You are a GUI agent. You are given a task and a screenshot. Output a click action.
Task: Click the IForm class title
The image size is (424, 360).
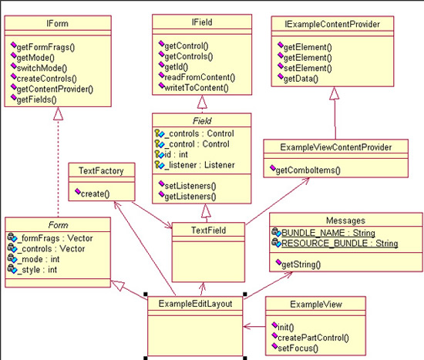tap(57, 24)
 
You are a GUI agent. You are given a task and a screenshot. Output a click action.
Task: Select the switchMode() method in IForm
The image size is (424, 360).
tap(42, 68)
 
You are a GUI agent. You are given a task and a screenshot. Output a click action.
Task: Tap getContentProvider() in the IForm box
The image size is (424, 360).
tap(55, 89)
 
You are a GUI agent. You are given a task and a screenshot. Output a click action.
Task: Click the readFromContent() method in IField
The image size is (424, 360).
tap(200, 77)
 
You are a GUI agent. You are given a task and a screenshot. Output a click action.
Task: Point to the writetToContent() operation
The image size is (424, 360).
tap(197, 88)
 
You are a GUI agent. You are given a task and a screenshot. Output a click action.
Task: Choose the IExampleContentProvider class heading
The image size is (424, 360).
tap(332, 25)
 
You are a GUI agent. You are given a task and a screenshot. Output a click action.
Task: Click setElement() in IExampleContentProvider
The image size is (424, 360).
tap(308, 68)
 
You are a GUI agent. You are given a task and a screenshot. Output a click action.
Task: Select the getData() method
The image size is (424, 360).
tap(301, 79)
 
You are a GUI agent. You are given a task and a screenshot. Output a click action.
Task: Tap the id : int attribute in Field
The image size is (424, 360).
tap(176, 154)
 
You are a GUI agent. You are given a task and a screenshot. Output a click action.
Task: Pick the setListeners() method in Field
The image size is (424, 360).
tap(190, 186)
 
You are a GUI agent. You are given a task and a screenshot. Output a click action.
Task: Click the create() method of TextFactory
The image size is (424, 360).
tap(95, 193)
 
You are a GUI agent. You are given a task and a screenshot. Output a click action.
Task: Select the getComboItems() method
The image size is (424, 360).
tap(308, 170)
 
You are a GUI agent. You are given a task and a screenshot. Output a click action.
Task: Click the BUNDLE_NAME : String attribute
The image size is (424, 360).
tap(328, 233)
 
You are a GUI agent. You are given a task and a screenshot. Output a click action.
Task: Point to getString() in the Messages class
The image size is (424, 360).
tap(301, 264)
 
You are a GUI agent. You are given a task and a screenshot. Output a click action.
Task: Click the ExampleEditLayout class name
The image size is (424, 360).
tap(195, 304)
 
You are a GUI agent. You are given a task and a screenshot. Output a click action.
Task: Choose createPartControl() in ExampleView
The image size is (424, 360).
tap(313, 338)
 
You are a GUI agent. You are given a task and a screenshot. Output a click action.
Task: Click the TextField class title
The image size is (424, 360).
tap(208, 230)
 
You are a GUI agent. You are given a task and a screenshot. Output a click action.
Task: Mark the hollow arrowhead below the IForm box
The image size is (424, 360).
tap(58, 113)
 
